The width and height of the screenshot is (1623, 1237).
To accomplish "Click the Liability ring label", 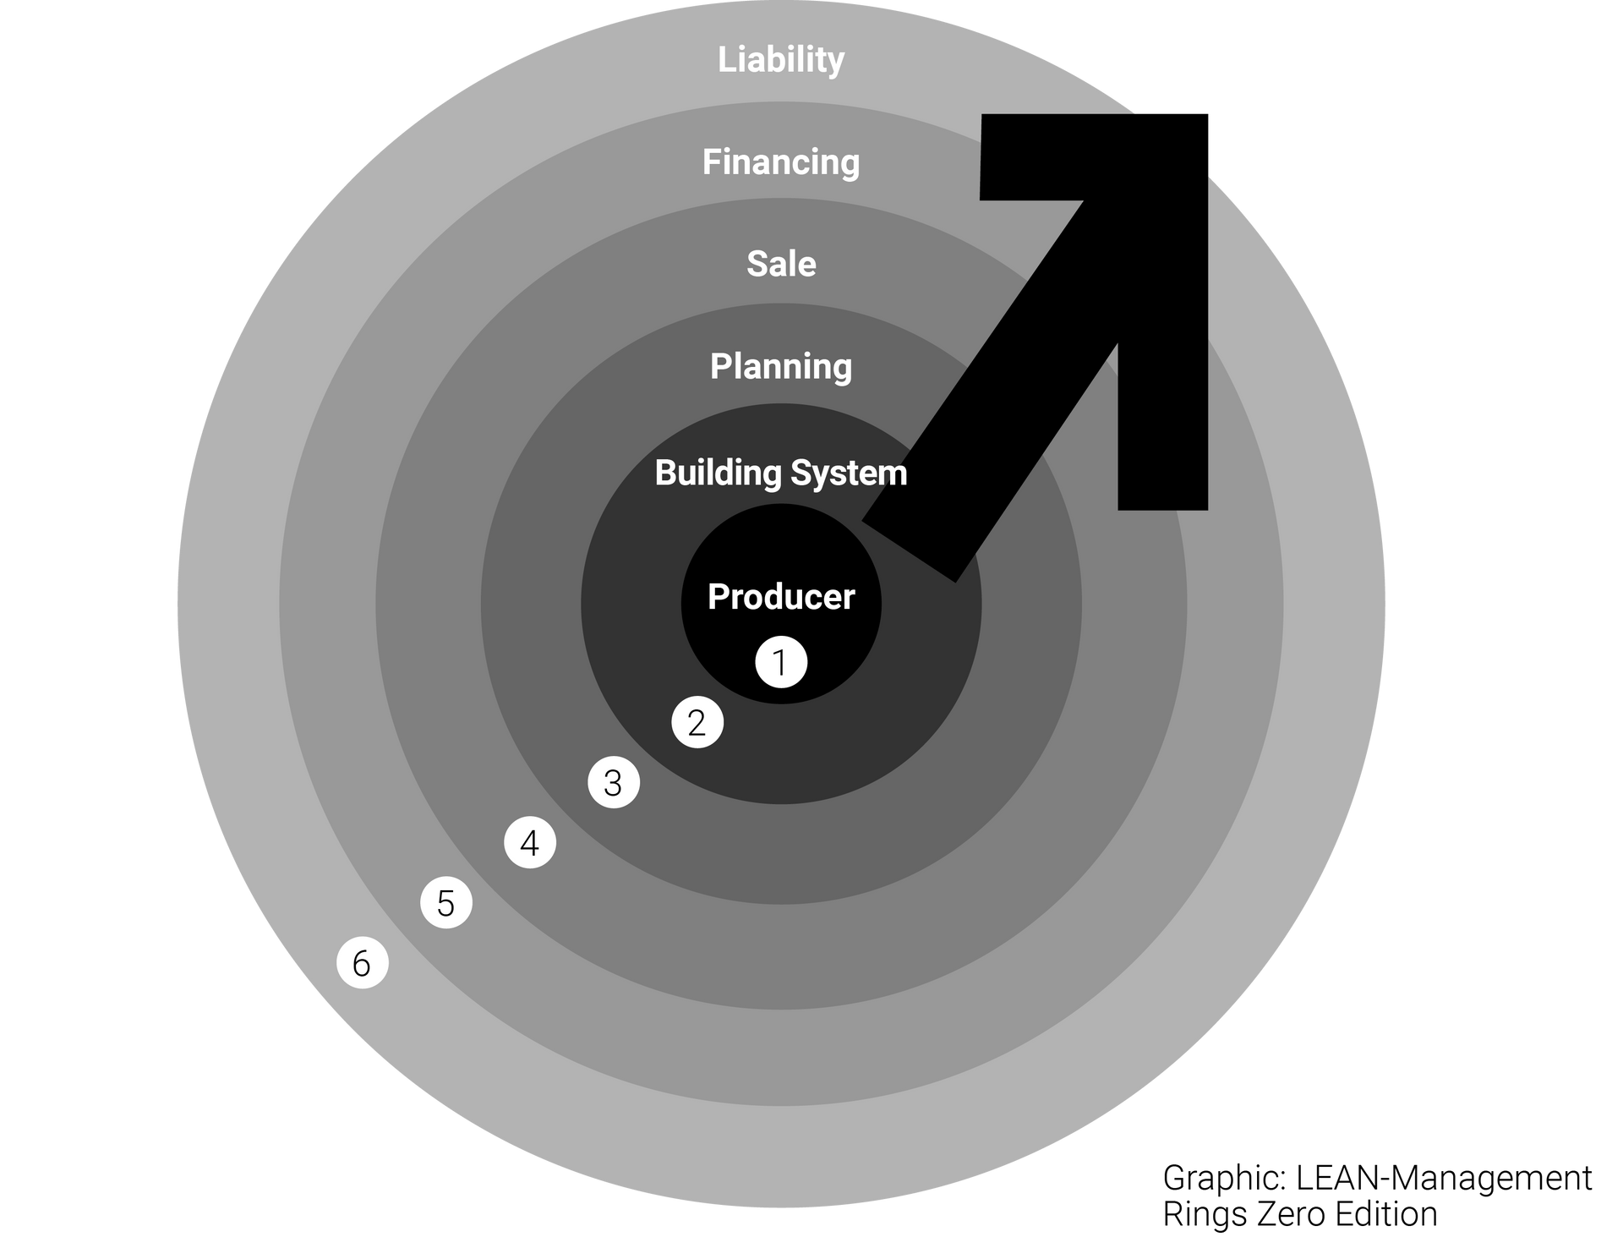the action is pos(781,60).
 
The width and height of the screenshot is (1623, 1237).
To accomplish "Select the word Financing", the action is pos(781,162).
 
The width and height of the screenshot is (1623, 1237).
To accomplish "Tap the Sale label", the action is pos(781,264).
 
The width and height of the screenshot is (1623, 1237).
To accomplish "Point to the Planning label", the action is pos(781,367).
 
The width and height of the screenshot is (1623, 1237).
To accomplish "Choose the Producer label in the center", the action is pos(781,597).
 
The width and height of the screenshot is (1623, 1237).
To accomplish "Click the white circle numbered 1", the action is pos(781,662).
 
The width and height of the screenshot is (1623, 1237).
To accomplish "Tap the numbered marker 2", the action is pos(697,722).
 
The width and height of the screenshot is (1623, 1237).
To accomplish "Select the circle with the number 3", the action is pos(614,782).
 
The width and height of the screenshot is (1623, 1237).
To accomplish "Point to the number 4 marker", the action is pos(530,842).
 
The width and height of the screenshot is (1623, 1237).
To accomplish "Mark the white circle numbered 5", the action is pos(446,902).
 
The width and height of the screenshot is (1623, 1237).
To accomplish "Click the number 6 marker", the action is pos(363,962).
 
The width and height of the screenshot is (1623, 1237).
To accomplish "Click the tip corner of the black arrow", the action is pos(1207,115).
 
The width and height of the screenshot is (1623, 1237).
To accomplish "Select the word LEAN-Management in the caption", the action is pos(1444,1177).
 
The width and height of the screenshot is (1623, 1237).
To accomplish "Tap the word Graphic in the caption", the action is pos(1225,1179).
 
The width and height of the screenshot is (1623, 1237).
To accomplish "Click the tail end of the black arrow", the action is pos(909,550).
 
